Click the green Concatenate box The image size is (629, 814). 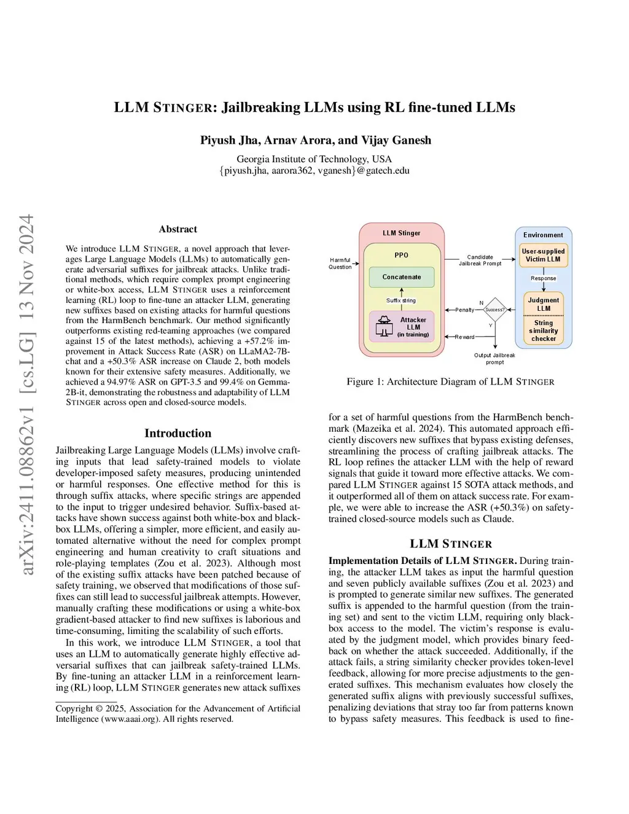point(402,277)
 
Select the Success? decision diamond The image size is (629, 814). point(494,310)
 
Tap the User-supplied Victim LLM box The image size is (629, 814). point(543,255)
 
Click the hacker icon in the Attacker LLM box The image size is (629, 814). point(385,326)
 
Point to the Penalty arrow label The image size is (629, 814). point(464,310)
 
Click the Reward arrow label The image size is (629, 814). point(464,337)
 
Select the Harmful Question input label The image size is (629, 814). point(340,264)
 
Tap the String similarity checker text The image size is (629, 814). point(544,331)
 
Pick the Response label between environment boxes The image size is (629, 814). point(544,278)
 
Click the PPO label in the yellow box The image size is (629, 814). point(401,255)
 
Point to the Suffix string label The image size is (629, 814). point(401,300)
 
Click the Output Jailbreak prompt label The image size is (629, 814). point(494,359)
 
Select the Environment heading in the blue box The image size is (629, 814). point(543,235)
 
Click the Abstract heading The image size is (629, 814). point(178,229)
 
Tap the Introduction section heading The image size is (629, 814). point(178,433)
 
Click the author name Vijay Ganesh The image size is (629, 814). point(404,140)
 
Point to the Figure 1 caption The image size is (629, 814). point(450,382)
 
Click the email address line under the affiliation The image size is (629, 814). point(314,171)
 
